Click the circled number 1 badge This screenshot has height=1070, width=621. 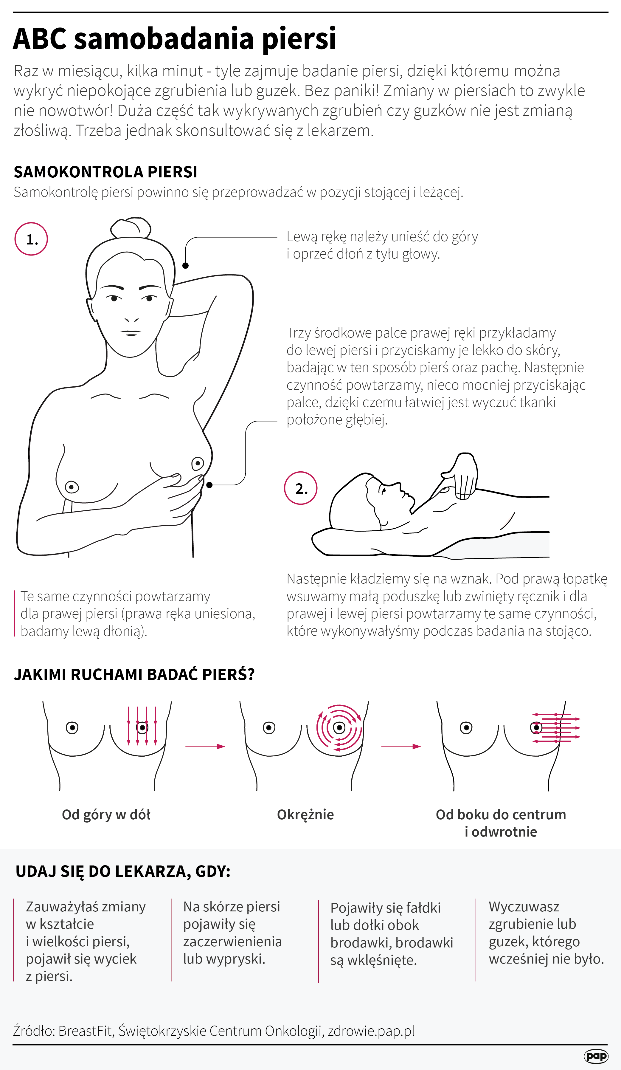31,239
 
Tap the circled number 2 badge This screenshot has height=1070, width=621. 301,488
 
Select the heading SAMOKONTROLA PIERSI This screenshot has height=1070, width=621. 105,172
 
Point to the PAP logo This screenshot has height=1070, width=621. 596,1056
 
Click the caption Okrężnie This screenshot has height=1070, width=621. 305,814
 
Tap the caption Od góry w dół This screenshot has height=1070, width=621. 106,815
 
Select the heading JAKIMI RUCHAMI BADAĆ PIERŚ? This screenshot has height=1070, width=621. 134,674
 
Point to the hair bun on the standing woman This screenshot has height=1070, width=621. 131,228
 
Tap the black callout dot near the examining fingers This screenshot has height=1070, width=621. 209,485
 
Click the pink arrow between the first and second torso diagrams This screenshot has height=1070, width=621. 205,747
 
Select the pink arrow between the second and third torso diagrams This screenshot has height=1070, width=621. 401,747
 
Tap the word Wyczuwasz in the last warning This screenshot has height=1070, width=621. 524,907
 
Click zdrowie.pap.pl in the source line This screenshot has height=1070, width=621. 371,1031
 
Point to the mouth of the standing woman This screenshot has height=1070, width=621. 132,332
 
